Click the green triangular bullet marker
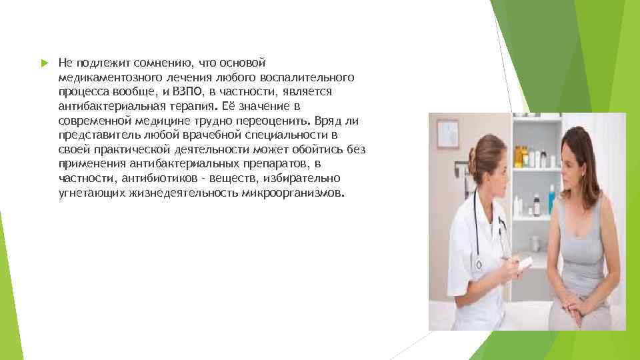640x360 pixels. click(x=43, y=63)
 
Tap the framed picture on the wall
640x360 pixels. click(x=448, y=133)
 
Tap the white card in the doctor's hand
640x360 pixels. click(x=525, y=261)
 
